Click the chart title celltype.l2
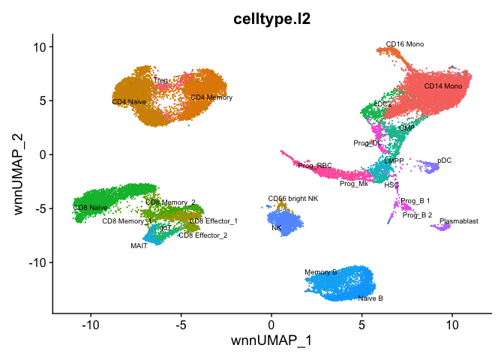coord(271,17)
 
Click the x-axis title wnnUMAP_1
coord(271,342)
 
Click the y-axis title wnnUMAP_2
coord(20,173)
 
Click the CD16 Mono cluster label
coord(404,44)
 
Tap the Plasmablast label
coord(458,221)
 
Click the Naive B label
coord(370,298)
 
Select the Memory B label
coord(321,272)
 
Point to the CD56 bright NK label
coord(293,199)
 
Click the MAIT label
coord(139,245)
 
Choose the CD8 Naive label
coord(90,207)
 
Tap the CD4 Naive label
coord(129,101)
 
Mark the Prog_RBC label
coord(314,166)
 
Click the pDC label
coord(445,160)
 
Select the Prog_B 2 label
coord(417,215)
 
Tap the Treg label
coord(160,79)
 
